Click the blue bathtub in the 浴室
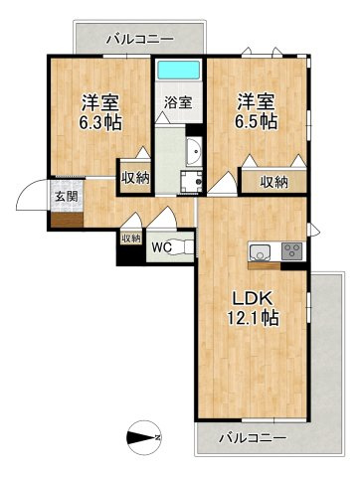179,70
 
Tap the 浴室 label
178,102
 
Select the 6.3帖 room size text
100,122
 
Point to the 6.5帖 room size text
256,121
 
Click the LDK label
253,299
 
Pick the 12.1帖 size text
253,318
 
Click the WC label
161,246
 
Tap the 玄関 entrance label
67,197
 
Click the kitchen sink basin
261,251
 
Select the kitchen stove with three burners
292,251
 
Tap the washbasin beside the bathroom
194,152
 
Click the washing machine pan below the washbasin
191,181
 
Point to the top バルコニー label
139,40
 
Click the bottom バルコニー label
253,438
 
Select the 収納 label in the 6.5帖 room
274,182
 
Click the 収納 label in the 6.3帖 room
135,178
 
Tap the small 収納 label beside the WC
131,238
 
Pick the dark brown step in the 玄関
67,220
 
